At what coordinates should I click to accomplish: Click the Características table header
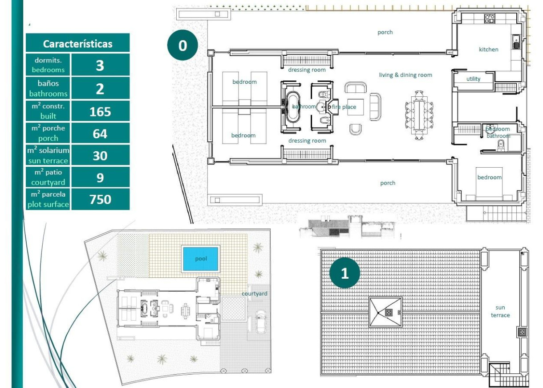[77, 44]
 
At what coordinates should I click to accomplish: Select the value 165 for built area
[100, 111]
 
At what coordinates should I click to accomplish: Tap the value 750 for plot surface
[100, 199]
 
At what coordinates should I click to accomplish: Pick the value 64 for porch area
[100, 133]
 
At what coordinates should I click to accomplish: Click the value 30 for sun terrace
[100, 155]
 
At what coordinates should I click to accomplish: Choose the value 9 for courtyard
[100, 177]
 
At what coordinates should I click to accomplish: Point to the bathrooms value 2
[100, 88]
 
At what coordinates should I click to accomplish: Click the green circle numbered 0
[182, 45]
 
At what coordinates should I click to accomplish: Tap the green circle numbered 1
[344, 273]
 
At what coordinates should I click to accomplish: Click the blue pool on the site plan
[201, 259]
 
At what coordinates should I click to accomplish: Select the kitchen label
[488, 50]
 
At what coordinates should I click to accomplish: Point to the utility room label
[473, 79]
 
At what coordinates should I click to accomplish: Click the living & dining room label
[405, 75]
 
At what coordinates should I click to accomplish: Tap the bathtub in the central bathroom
[293, 107]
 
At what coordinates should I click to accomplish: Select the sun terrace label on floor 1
[500, 311]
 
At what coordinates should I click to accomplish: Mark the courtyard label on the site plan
[255, 293]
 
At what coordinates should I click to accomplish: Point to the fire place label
[344, 107]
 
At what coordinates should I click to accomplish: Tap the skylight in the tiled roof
[385, 313]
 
